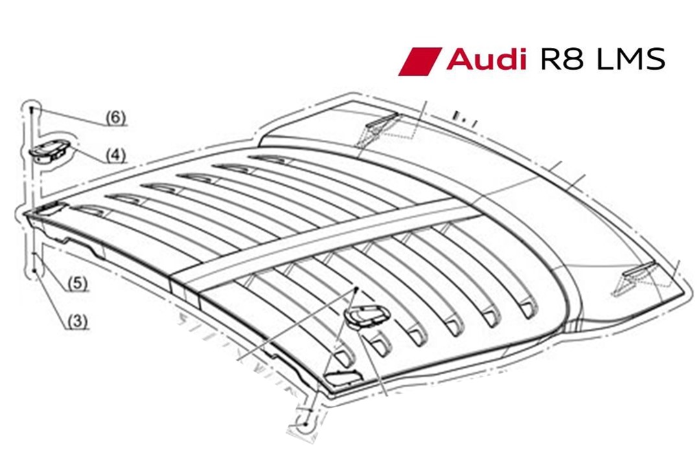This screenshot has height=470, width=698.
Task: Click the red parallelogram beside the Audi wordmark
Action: pyautogui.click(x=419, y=61)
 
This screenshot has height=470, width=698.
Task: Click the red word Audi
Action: pyautogui.click(x=485, y=60)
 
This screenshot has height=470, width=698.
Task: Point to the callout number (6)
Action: pyautogui.click(x=115, y=118)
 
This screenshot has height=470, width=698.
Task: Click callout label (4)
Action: pyautogui.click(x=115, y=155)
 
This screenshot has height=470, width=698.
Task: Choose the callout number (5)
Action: pyautogui.click(x=77, y=283)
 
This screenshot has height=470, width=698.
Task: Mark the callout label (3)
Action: pyautogui.click(x=77, y=319)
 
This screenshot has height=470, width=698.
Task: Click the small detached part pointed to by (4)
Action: pyautogui.click(x=49, y=151)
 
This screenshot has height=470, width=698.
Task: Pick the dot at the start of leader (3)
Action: pyautogui.click(x=35, y=271)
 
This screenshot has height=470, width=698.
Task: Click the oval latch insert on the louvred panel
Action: pyautogui.click(x=367, y=315)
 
